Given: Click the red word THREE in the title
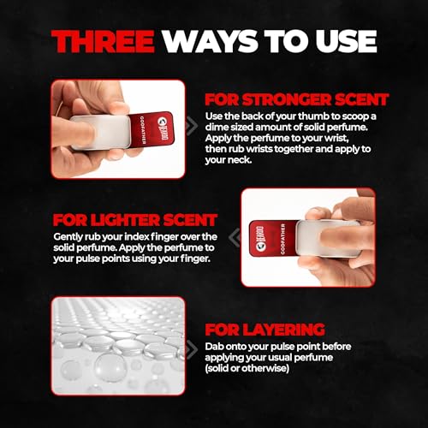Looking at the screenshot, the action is (103, 41).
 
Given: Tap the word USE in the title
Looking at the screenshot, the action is (346, 41).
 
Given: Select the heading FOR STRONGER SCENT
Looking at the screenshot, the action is (297, 100).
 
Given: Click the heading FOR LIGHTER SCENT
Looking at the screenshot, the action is (135, 220).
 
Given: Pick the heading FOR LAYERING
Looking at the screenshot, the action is (265, 330).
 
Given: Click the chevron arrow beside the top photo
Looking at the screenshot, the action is (192, 126).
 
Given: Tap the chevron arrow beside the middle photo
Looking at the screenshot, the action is (235, 237).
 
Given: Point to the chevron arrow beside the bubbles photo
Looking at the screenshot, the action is (192, 348).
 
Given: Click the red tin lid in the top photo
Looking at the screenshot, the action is (152, 130).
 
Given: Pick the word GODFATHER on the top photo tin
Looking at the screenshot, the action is (142, 130).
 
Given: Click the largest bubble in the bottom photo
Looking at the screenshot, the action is (110, 367).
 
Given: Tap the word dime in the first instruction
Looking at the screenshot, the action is (217, 127).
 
